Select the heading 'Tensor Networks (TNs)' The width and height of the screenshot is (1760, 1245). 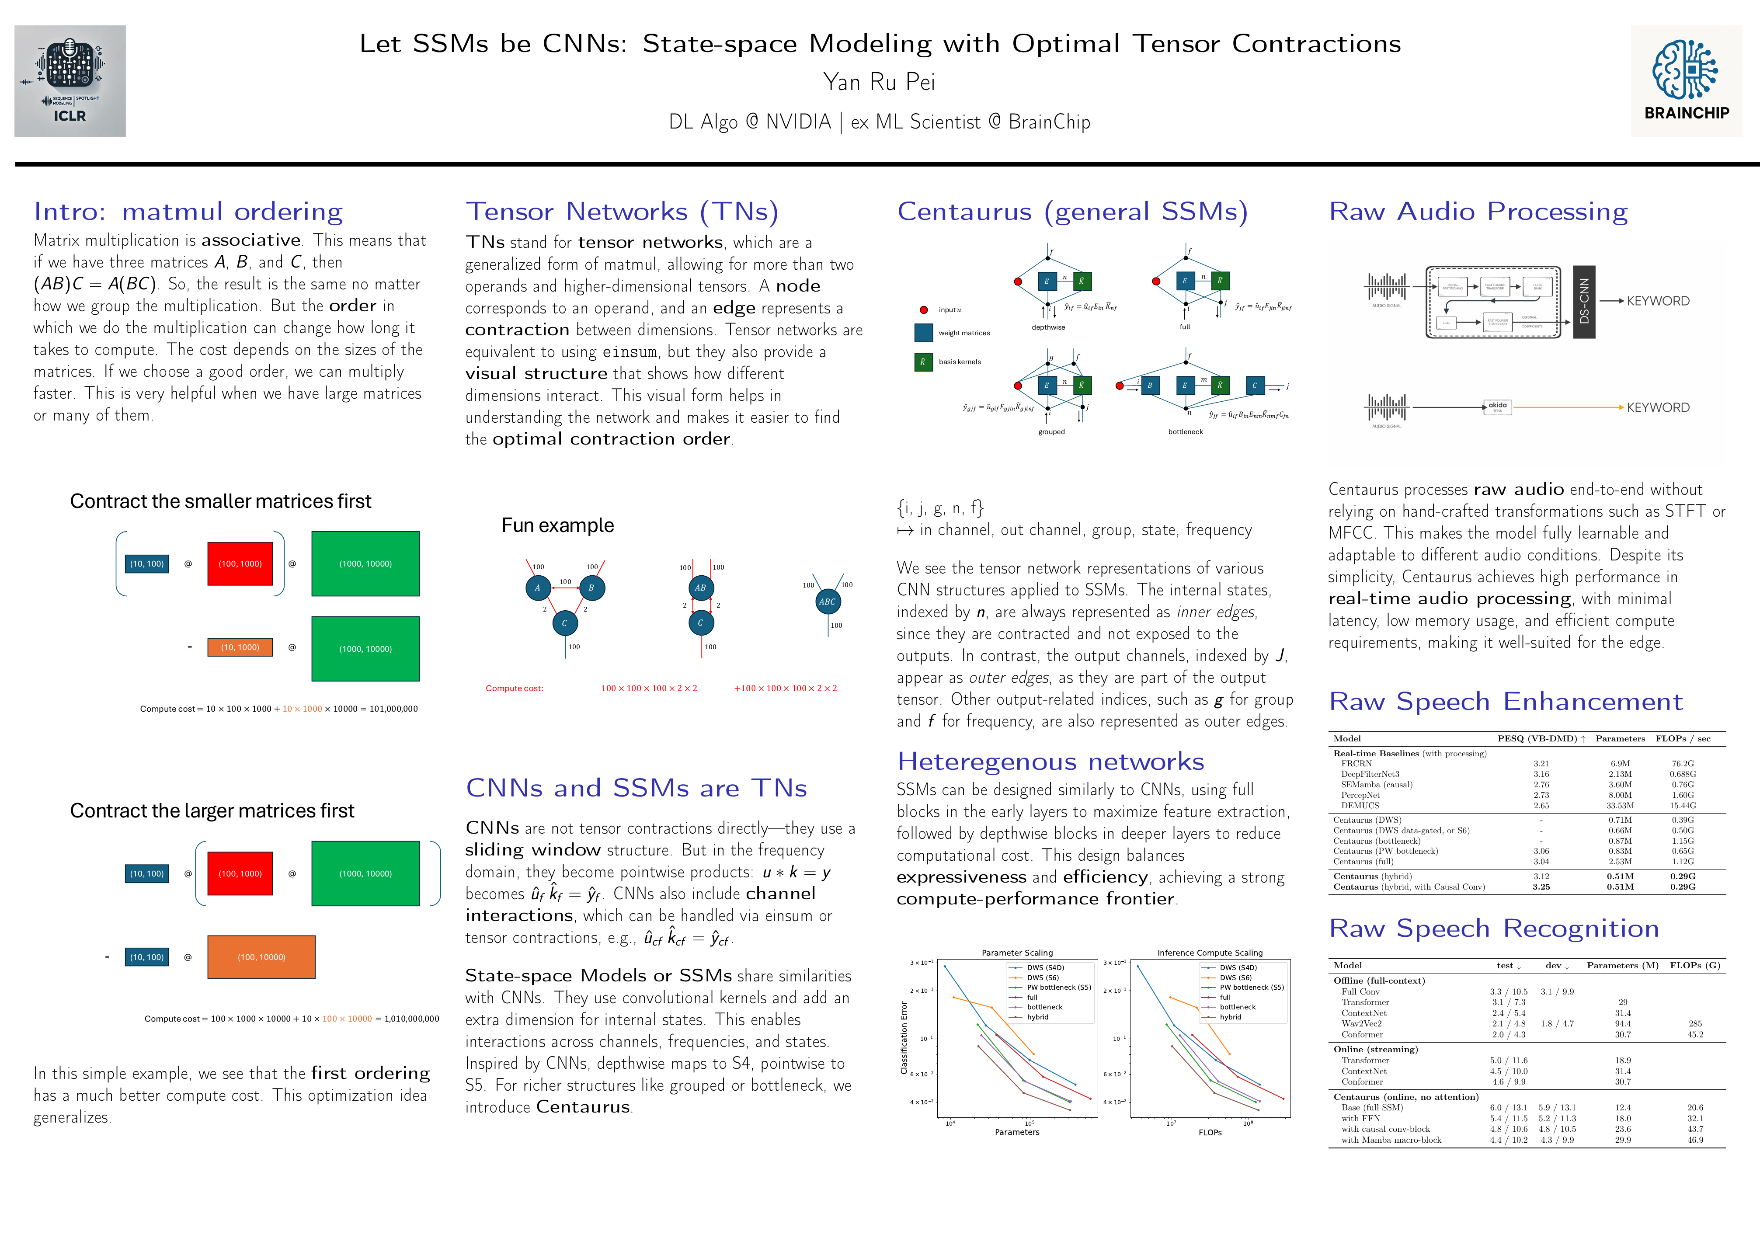click(x=622, y=212)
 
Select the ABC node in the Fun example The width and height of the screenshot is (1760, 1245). click(x=827, y=602)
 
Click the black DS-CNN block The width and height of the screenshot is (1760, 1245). click(x=1584, y=301)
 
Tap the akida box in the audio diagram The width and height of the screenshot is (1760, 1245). click(x=1497, y=406)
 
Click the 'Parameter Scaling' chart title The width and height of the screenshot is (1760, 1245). click(x=1017, y=953)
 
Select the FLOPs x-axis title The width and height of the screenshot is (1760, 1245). click(x=1210, y=1132)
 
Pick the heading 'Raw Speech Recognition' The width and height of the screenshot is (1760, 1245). click(x=1493, y=929)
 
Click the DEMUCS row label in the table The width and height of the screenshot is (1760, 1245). click(x=1360, y=806)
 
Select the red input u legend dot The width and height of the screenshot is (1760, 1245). click(x=924, y=310)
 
